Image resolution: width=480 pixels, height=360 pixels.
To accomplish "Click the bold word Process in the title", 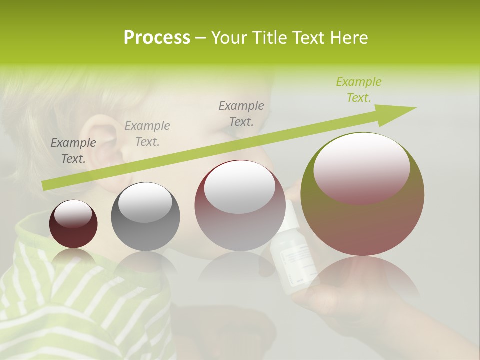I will (x=157, y=37).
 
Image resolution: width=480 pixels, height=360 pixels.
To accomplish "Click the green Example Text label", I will (x=359, y=90).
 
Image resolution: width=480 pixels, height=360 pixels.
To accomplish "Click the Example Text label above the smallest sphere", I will (x=73, y=151).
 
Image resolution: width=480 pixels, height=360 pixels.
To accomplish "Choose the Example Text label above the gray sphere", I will (x=147, y=134).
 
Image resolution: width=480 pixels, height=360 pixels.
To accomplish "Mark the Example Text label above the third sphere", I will (x=241, y=113).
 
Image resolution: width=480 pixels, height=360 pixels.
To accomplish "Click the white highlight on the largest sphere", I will (x=361, y=167).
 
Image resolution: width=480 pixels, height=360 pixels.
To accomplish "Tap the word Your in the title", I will (x=230, y=37).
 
